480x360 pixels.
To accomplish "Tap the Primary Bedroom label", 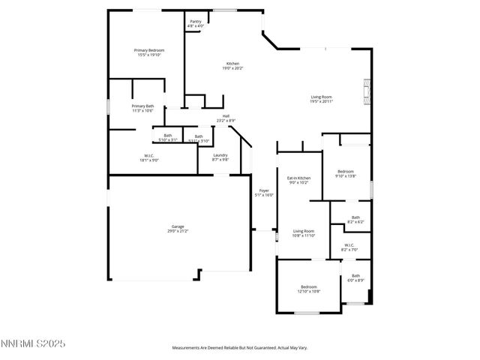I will pyautogui.click(x=149, y=52).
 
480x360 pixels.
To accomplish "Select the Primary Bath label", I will pyautogui.click(x=142, y=108).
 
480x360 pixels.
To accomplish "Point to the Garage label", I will pyautogui.click(x=178, y=229).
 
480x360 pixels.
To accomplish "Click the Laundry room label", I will pyautogui.click(x=220, y=157).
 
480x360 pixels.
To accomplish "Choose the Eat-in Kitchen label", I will pyautogui.click(x=299, y=180).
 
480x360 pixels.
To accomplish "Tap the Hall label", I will pyautogui.click(x=226, y=118).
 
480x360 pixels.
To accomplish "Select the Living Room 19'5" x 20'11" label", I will pyautogui.click(x=322, y=98).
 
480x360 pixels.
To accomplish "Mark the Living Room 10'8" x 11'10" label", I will pyautogui.click(x=304, y=233).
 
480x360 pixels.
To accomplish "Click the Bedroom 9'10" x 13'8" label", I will pyautogui.click(x=345, y=173).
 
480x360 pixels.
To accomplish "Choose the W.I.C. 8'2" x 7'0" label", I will pyautogui.click(x=349, y=247).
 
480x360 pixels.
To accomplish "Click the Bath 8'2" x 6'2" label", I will pyautogui.click(x=355, y=220).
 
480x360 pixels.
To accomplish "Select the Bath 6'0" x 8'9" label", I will pyautogui.click(x=355, y=277).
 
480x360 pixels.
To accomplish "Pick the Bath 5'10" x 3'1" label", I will pyautogui.click(x=167, y=138).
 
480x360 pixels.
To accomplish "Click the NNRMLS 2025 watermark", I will pyautogui.click(x=34, y=344).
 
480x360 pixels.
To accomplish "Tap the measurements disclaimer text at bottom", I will pyautogui.click(x=240, y=348).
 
